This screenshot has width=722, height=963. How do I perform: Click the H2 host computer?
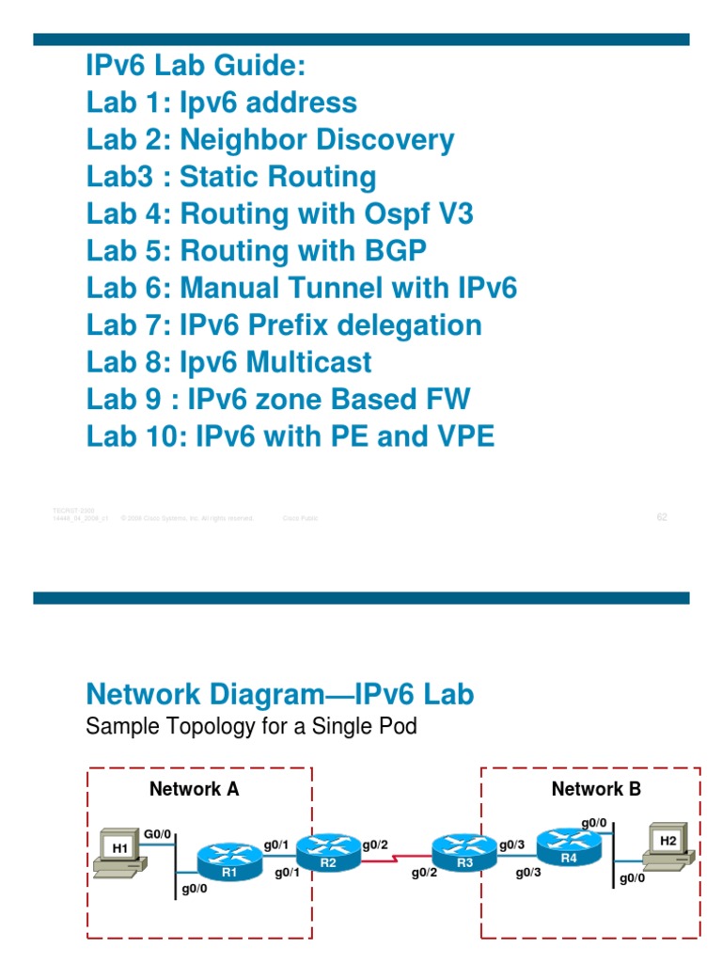tap(667, 845)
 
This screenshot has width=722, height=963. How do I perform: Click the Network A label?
tap(195, 789)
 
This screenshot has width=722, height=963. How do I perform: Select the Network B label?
tap(596, 789)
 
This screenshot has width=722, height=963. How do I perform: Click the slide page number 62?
tap(662, 516)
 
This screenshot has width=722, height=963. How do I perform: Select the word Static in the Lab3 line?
tap(221, 177)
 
